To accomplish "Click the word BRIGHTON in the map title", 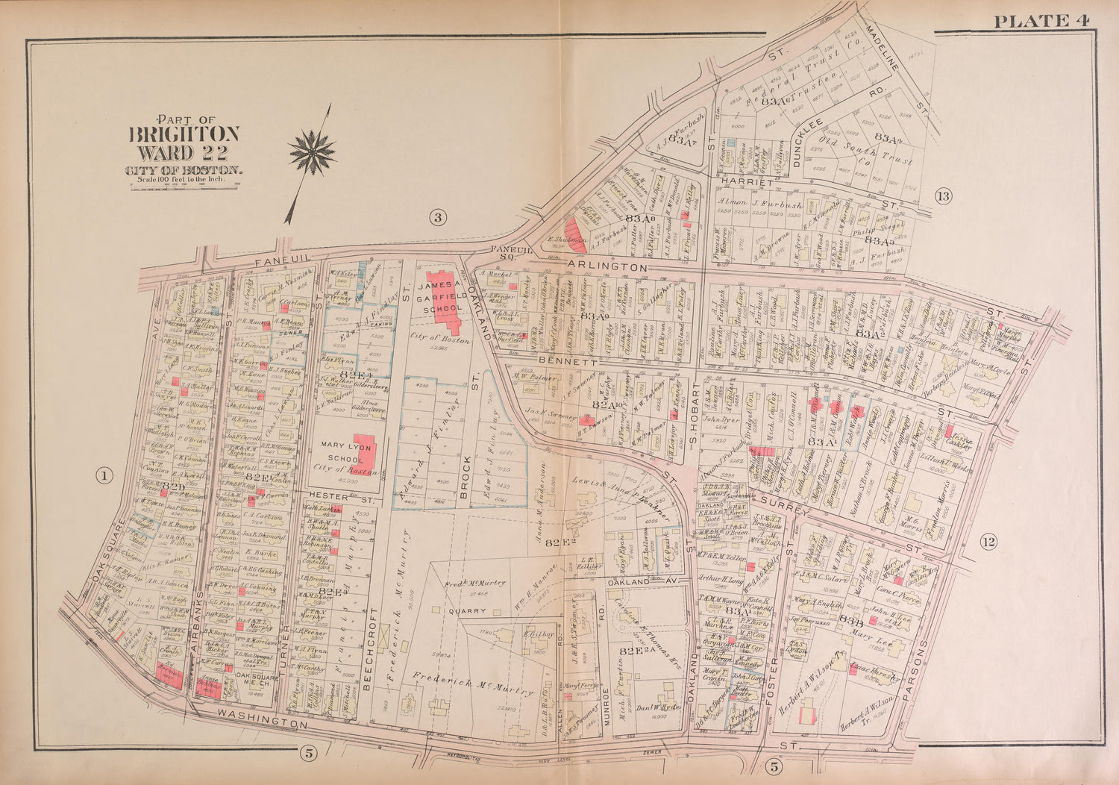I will pos(185,134).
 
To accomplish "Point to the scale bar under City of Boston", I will pos(185,181).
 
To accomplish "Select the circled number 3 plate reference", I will pos(437,217).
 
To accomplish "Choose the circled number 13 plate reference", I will pos(943,196).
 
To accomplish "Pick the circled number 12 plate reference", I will pos(988,542).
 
